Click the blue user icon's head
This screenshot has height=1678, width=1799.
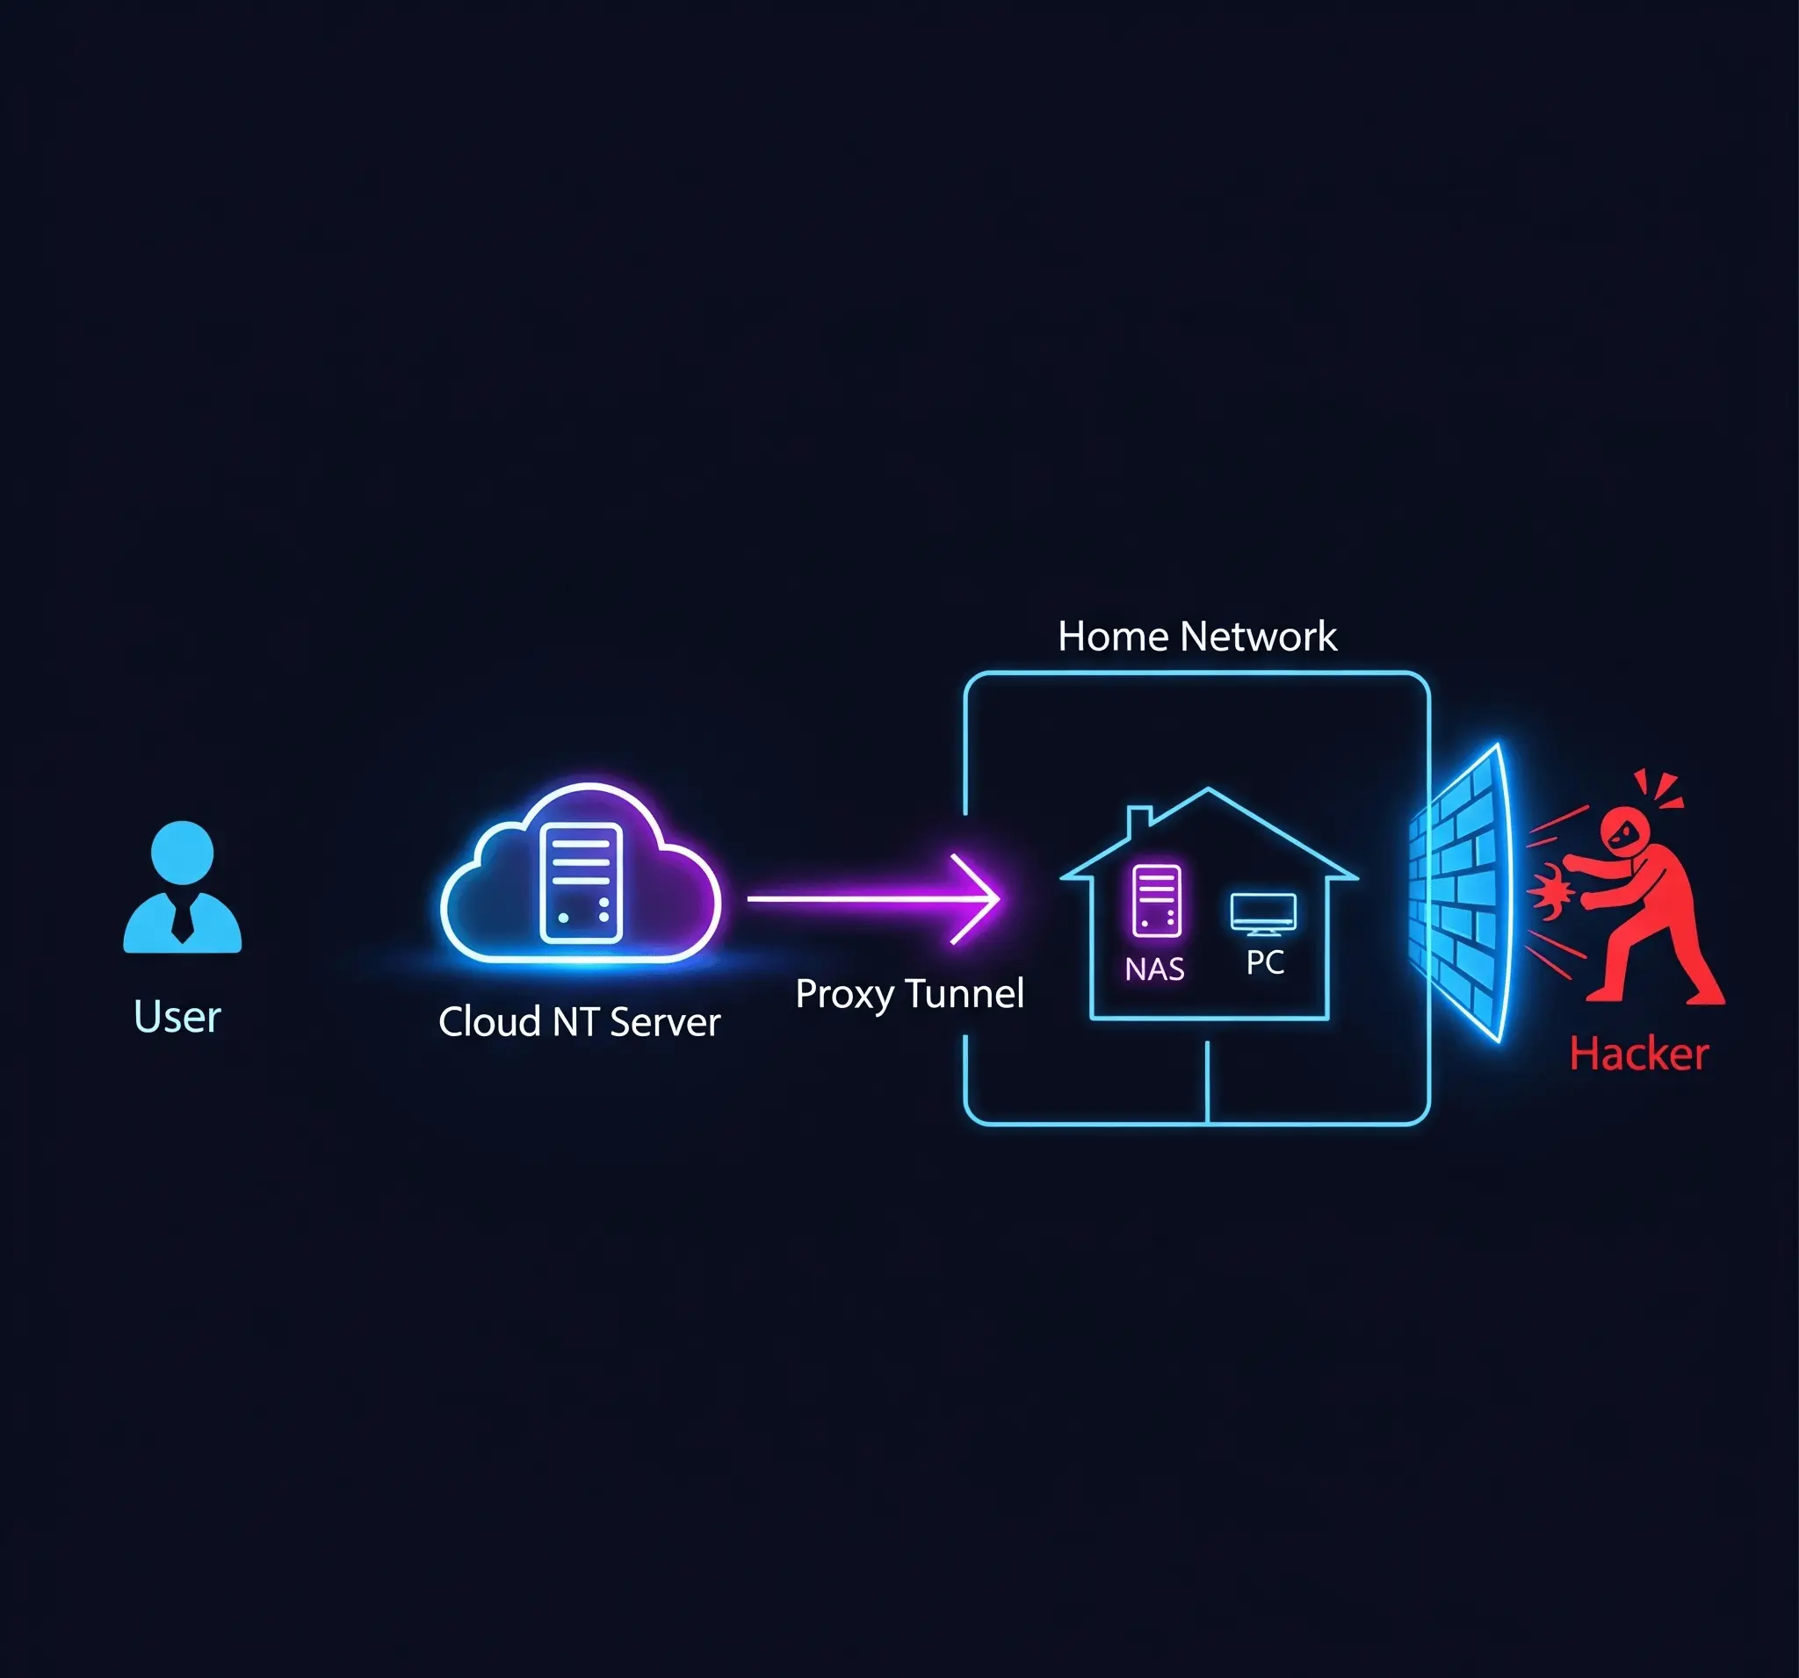point(182,851)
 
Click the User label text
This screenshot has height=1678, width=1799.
point(177,1017)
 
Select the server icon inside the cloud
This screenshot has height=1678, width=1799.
point(581,883)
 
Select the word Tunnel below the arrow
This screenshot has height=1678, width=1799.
point(965,993)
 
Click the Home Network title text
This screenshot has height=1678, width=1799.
point(1196,637)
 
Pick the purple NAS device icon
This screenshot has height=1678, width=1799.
point(1157,900)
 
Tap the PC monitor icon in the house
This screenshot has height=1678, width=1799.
point(1263,913)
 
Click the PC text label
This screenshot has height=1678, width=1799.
point(1264,962)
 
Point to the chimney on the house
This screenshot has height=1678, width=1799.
point(1138,820)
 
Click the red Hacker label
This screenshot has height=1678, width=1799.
point(1638,1055)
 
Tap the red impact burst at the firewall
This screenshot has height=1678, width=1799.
point(1550,891)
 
